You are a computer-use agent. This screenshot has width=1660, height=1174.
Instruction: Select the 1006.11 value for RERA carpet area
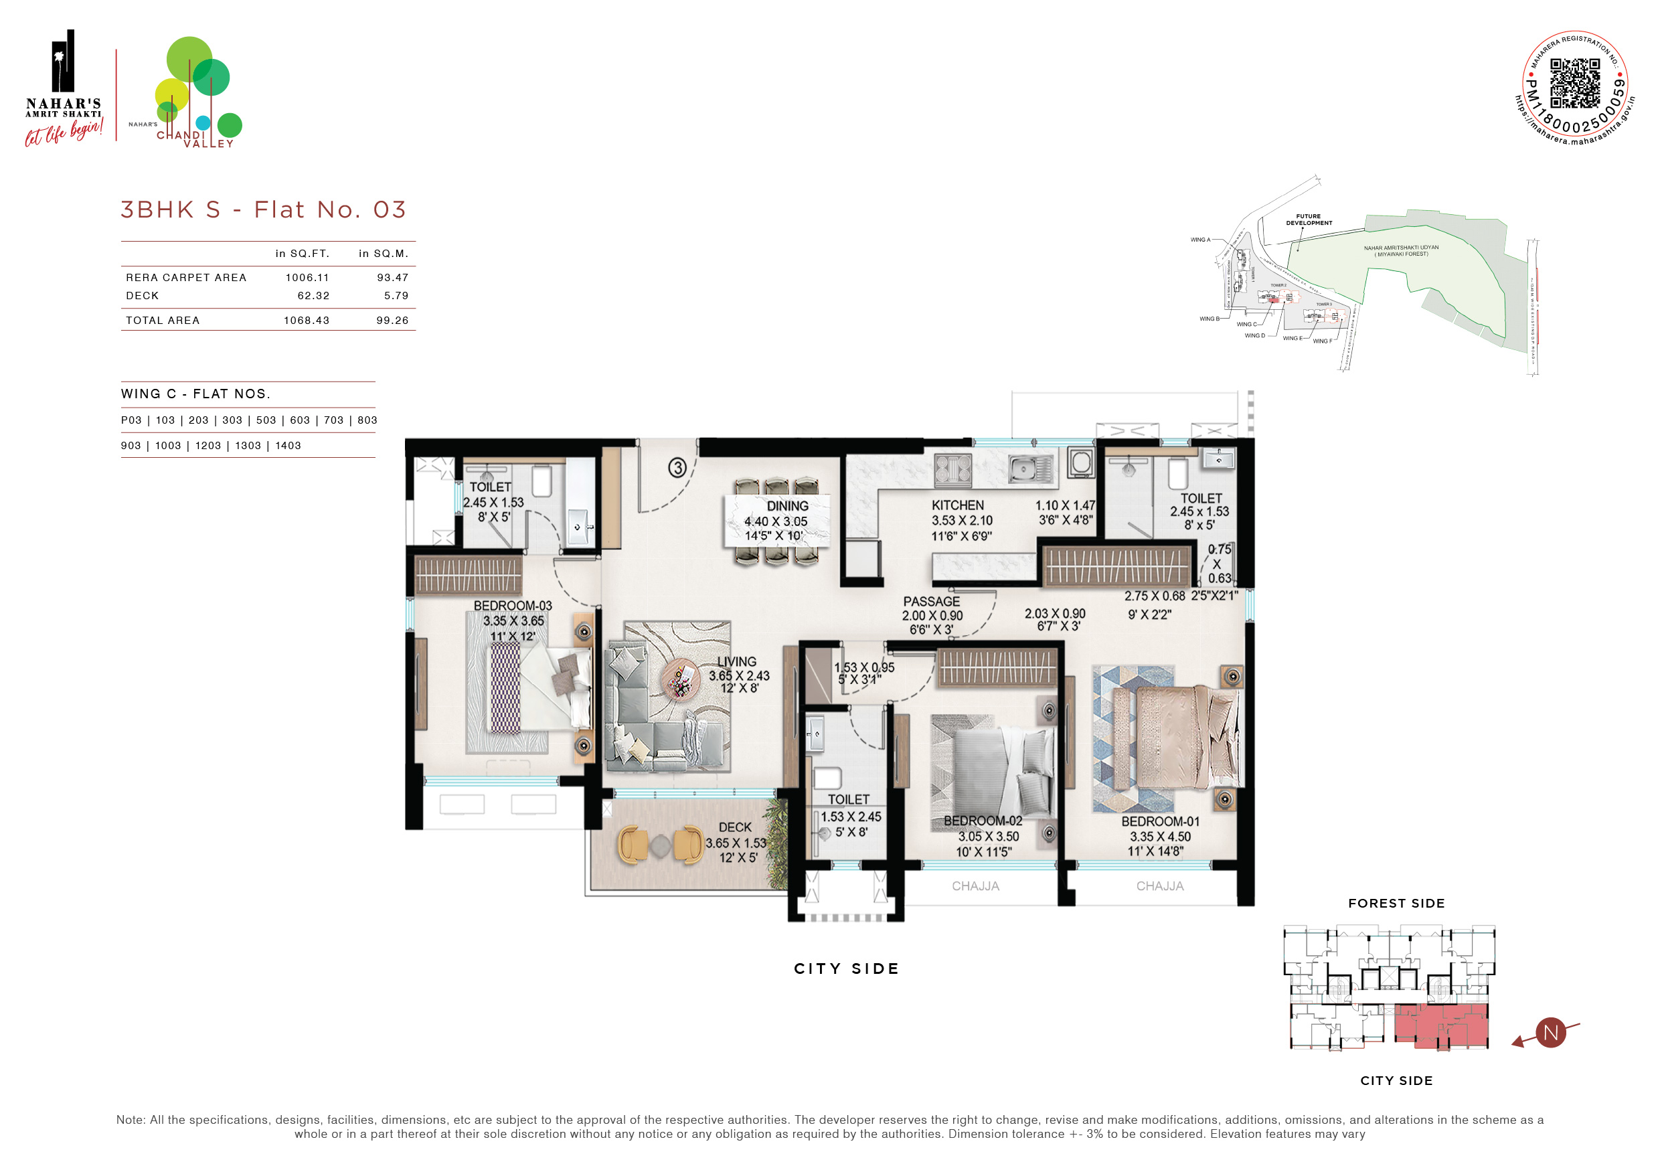(x=307, y=278)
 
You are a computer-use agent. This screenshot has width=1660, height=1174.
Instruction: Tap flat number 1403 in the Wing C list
(x=288, y=446)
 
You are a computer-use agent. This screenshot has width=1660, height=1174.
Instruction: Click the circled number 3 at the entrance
(x=677, y=468)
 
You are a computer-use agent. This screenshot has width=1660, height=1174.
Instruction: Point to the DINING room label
(x=787, y=506)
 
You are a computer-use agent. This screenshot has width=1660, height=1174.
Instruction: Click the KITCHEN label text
(x=957, y=505)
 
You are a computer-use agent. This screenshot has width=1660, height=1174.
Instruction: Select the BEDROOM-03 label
(x=513, y=606)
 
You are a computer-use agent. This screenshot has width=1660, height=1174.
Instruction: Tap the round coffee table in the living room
(x=679, y=678)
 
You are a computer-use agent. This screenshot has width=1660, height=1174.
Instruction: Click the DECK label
(x=734, y=827)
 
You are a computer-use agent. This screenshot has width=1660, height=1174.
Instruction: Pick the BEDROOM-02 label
(x=983, y=821)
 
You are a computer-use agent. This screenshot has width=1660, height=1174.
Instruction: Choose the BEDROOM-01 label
(x=1160, y=822)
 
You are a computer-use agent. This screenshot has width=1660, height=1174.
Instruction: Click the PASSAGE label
(x=931, y=602)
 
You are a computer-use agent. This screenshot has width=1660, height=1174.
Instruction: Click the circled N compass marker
(x=1550, y=1032)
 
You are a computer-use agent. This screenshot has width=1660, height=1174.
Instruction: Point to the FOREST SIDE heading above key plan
(x=1396, y=904)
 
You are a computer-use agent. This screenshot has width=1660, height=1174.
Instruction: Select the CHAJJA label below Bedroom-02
(x=975, y=886)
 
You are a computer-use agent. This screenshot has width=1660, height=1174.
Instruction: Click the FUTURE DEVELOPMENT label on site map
(x=1308, y=220)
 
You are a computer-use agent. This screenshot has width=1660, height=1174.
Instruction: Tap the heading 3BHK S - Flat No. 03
(x=263, y=209)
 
